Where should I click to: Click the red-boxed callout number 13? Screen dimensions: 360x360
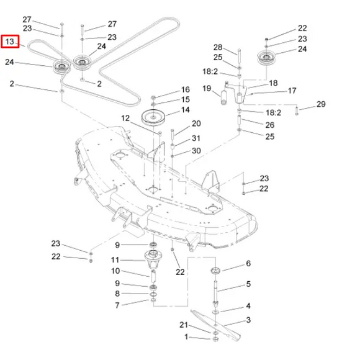(x=10, y=42)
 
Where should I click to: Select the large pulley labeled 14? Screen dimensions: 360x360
(x=153, y=117)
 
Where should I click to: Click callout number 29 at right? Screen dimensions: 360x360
(x=321, y=104)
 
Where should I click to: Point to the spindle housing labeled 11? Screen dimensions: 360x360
(x=153, y=260)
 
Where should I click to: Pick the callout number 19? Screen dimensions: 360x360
(x=207, y=88)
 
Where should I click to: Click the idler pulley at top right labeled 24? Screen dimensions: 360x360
(x=266, y=58)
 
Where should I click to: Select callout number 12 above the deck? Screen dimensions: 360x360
(x=125, y=118)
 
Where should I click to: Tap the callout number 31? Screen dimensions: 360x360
(x=196, y=138)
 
